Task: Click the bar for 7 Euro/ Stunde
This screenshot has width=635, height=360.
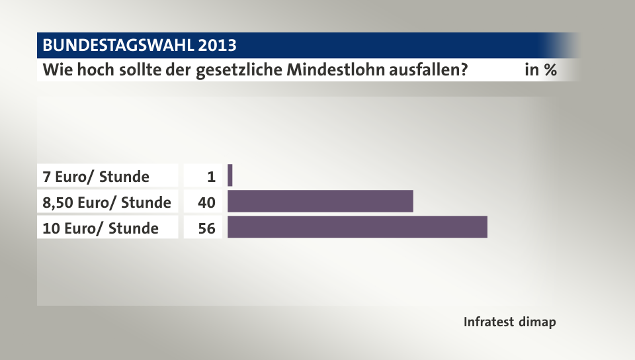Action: click(x=230, y=176)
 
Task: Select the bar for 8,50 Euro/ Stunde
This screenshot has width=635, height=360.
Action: click(x=320, y=201)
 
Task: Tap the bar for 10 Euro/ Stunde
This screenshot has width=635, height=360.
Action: click(x=357, y=227)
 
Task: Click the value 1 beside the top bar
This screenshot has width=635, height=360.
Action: click(x=212, y=177)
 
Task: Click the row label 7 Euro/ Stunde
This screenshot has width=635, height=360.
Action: click(x=96, y=177)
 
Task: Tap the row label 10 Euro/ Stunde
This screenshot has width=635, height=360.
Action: click(x=101, y=228)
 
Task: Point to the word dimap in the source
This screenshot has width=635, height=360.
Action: click(x=537, y=322)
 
